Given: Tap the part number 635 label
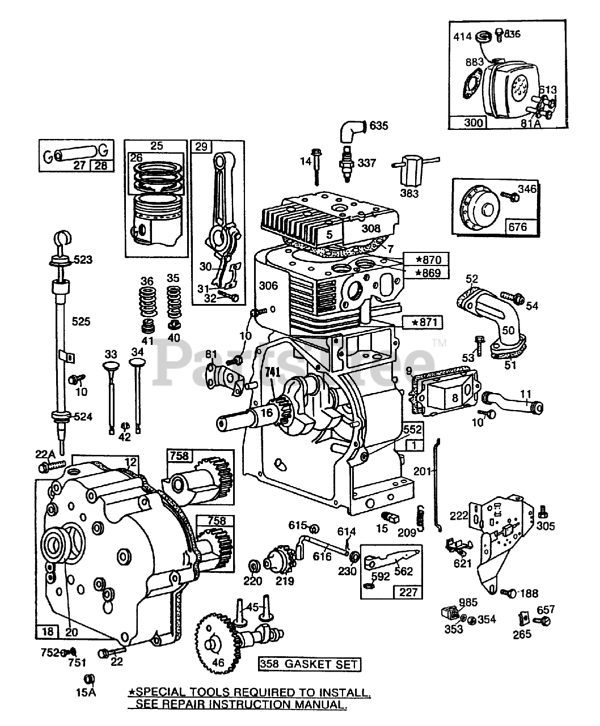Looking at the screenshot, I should (x=379, y=125).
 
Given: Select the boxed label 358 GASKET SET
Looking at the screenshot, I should (x=309, y=664).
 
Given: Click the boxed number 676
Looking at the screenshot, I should (x=517, y=227).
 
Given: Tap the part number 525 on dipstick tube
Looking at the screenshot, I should (x=81, y=321).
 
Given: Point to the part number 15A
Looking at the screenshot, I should (x=89, y=691).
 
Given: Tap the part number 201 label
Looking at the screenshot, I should (x=422, y=470).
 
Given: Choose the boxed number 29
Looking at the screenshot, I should (x=201, y=146).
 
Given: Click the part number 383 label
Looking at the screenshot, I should (x=409, y=193).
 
